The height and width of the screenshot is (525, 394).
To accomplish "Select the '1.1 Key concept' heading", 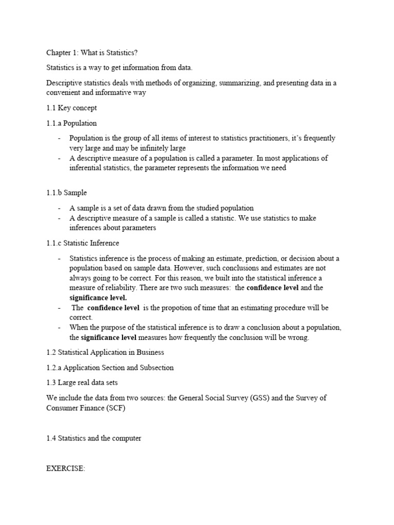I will tap(71, 108).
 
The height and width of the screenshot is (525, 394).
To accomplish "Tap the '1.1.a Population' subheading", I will tap(71, 123).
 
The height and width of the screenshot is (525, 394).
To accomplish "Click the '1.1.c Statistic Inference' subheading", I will tap(83, 243).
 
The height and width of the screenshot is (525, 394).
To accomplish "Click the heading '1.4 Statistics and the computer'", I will tap(93, 438).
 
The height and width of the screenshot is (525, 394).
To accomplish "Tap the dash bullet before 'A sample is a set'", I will tap(60, 208).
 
